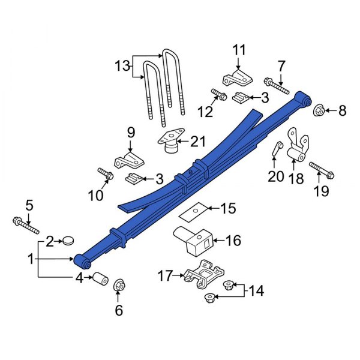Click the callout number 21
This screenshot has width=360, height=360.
click(197, 142)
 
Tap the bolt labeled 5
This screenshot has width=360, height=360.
click(24, 225)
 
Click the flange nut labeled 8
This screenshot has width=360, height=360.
click(320, 110)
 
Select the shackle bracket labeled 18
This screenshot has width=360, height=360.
click(297, 150)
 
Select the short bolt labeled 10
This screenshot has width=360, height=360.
click(106, 175)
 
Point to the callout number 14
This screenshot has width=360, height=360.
click(256, 291)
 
